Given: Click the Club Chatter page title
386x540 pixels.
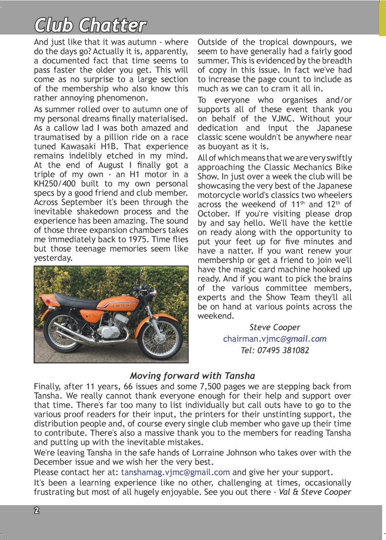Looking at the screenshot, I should coord(90,25).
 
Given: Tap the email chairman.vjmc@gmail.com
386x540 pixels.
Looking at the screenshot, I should coord(274,339).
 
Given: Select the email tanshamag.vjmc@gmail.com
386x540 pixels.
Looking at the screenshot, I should coord(175,472).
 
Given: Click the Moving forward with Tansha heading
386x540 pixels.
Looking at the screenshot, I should coord(192,376).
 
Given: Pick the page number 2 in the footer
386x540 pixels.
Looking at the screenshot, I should coord(37,511).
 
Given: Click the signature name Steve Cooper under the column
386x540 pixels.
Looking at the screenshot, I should coord(274,327).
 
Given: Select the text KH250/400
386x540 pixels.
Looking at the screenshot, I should coord(55,184).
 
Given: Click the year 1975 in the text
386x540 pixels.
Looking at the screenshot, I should coord(137,239).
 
